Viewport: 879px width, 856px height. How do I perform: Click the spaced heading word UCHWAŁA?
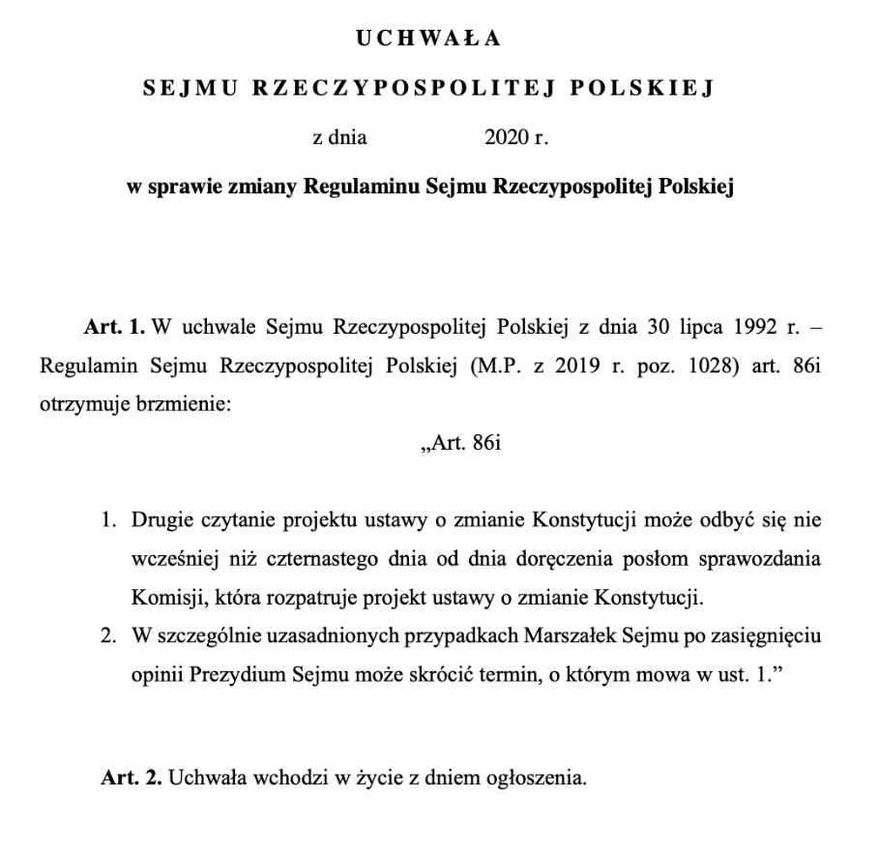click(x=428, y=39)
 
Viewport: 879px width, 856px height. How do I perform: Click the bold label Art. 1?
click(x=114, y=327)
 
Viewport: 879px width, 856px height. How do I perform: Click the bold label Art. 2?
click(x=131, y=778)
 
